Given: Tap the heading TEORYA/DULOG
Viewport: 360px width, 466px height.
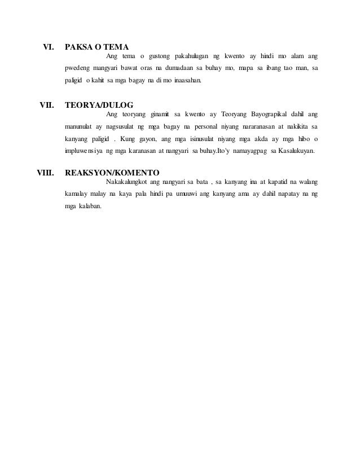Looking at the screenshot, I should pos(99,104).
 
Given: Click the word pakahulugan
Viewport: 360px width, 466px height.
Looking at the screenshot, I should pos(185,56).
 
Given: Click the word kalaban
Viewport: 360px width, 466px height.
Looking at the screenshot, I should pos(87,208).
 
